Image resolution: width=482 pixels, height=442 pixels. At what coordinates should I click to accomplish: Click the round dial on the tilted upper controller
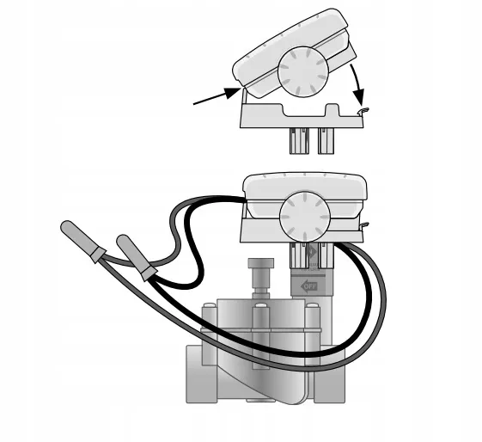tap(302, 71)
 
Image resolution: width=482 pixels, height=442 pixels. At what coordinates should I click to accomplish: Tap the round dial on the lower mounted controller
tap(305, 217)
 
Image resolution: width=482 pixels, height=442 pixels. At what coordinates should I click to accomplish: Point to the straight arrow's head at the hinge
tap(232, 92)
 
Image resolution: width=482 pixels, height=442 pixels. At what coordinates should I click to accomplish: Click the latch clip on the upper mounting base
tap(363, 111)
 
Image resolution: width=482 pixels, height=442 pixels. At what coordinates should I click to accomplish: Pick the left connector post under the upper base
tap(299, 141)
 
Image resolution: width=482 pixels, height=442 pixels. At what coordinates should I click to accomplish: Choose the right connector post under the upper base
tap(326, 141)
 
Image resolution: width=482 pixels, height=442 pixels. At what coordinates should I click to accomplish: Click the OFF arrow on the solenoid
tap(308, 287)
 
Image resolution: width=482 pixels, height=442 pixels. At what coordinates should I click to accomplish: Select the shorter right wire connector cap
tap(136, 257)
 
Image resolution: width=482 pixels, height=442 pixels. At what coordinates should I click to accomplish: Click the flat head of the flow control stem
tap(260, 262)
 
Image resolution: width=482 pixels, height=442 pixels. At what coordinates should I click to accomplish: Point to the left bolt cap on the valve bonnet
tap(209, 305)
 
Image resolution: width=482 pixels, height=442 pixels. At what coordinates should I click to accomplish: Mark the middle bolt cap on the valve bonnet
tap(261, 305)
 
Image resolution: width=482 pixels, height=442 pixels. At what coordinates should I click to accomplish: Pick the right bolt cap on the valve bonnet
tap(312, 305)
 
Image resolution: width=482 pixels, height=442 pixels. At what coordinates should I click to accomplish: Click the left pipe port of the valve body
tap(195, 373)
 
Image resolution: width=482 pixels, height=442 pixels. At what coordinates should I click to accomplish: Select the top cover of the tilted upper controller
tap(290, 46)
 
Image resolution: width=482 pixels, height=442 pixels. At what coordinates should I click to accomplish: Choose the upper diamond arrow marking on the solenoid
tap(313, 252)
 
